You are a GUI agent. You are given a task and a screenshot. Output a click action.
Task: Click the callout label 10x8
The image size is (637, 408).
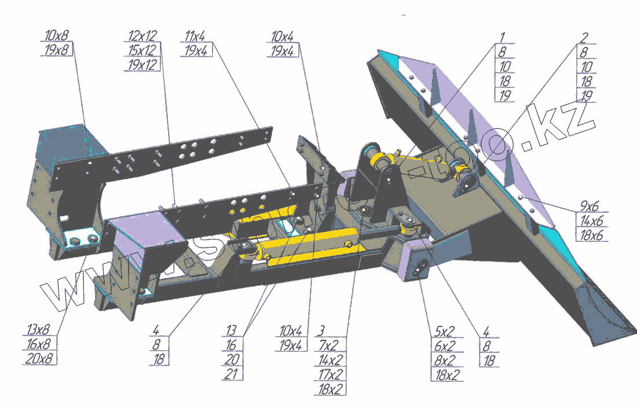click(56, 36)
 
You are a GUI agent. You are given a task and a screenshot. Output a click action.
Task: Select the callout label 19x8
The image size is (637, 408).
click(56, 50)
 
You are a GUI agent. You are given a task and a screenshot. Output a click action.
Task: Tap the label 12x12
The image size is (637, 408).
click(142, 36)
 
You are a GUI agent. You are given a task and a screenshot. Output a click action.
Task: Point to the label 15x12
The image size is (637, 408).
click(142, 50)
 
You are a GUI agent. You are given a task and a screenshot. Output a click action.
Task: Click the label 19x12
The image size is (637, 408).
click(142, 65)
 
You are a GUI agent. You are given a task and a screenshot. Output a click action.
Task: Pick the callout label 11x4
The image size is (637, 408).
click(197, 36)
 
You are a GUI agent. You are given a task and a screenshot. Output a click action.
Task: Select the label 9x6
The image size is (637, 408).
click(590, 206)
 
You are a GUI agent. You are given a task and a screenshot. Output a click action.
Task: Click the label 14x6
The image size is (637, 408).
click(591, 220)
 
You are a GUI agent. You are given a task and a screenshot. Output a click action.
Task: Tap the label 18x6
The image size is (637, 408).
click(591, 235)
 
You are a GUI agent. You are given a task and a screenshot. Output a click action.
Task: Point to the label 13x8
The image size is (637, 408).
click(39, 330)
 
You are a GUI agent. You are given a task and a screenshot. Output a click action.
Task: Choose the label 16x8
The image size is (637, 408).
click(39, 344)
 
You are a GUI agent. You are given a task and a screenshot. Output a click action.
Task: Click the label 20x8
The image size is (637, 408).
click(39, 359)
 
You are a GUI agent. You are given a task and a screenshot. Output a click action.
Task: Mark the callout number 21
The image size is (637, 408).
click(232, 373)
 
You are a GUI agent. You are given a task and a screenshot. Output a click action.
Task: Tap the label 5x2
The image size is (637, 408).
click(444, 331)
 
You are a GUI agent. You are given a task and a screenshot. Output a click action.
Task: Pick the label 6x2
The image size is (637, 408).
click(444, 345)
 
